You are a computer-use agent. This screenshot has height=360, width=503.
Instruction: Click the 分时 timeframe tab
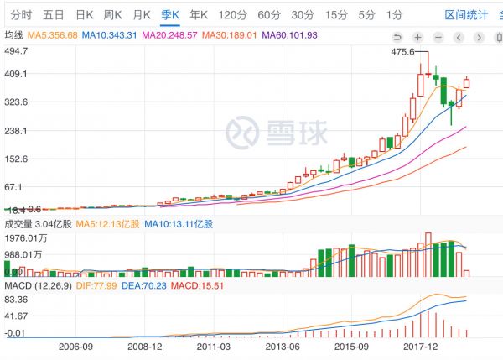[19, 15]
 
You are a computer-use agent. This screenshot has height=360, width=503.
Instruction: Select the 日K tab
[84, 15]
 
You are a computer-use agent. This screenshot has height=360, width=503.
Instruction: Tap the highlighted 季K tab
[173, 15]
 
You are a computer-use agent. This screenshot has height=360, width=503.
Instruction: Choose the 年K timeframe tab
[199, 15]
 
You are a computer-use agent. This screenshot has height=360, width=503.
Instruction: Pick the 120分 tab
[231, 15]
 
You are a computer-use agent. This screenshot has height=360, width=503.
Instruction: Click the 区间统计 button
[466, 15]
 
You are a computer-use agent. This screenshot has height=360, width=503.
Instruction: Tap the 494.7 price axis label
[16, 51]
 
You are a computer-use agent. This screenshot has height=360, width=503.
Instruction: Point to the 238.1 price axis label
[16, 131]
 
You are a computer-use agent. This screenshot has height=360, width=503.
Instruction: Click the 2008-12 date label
[145, 345]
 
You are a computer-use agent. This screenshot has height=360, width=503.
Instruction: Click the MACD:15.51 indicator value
[202, 288]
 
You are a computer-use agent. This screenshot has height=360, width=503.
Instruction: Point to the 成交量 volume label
[18, 224]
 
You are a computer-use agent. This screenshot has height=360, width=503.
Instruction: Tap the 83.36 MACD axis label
[16, 300]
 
